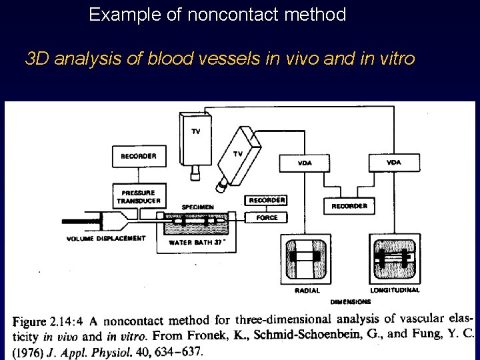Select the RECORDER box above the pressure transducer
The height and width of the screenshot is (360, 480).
[x=139, y=156]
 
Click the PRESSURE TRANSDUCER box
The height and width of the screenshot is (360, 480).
[x=139, y=197]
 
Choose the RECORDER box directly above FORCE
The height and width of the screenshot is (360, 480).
[x=267, y=200]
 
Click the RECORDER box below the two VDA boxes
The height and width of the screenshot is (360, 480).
[x=349, y=206]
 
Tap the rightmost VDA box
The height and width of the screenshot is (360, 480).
[x=394, y=162]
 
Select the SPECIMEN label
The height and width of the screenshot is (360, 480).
[x=198, y=207]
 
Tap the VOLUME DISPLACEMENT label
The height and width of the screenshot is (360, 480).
[x=106, y=239]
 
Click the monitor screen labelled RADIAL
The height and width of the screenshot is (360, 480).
[x=307, y=259]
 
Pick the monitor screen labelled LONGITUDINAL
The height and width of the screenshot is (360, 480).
[x=395, y=259]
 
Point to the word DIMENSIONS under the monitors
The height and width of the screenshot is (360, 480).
[x=350, y=302]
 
